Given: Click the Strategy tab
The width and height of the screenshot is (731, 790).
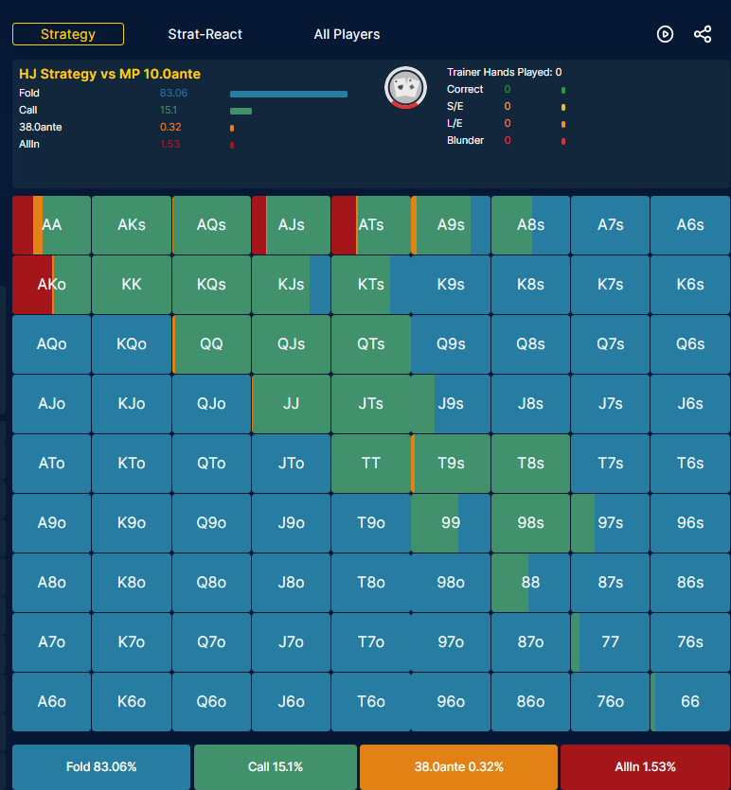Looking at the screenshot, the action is [68, 34].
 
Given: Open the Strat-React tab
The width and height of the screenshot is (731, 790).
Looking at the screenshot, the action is [205, 34].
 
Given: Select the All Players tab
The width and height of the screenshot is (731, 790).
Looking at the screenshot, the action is [347, 34].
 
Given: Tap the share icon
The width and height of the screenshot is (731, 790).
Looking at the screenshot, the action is [703, 34].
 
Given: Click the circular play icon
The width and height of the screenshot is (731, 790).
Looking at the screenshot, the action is [665, 34].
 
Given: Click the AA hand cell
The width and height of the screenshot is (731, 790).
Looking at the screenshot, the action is [51, 225].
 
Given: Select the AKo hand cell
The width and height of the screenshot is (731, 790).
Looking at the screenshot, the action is [51, 284].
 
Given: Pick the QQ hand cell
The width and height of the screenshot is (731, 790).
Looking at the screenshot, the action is [211, 344].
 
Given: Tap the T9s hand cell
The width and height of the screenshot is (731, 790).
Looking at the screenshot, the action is [451, 464].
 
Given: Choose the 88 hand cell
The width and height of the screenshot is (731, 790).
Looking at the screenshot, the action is [530, 583].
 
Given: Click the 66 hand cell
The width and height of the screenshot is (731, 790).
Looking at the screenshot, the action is [690, 702].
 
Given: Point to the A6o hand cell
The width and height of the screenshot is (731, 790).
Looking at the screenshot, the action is [51, 702].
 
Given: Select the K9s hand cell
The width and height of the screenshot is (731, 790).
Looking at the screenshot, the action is [451, 284].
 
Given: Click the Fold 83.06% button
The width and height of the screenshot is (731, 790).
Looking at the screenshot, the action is [101, 767].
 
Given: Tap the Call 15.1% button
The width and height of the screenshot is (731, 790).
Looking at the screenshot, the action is [276, 767].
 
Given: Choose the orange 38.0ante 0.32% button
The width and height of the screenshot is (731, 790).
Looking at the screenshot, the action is [458, 767].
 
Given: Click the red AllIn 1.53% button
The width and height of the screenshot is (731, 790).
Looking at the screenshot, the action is [645, 767].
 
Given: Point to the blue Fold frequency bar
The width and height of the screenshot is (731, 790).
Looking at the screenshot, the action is [289, 95].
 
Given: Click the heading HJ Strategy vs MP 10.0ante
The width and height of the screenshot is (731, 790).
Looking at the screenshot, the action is [110, 74].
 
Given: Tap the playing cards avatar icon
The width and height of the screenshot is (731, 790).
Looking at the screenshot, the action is [406, 88].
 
